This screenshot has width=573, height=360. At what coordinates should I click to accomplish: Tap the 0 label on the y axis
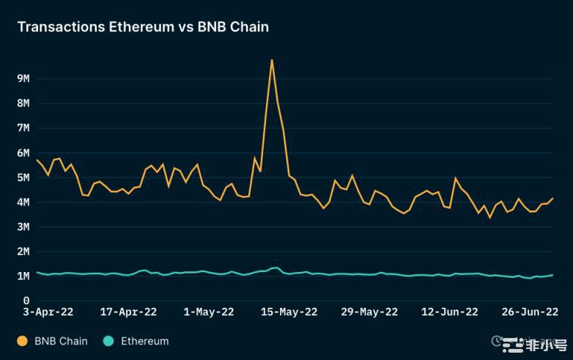[26, 301]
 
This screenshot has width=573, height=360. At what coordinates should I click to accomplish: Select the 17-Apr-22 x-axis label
[128, 312]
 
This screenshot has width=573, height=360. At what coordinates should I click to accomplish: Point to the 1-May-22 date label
[208, 312]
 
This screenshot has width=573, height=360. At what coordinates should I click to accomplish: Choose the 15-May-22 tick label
[289, 312]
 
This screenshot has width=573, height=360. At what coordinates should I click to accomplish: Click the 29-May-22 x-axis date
[369, 312]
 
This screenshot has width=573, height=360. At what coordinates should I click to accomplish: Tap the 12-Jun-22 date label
[449, 312]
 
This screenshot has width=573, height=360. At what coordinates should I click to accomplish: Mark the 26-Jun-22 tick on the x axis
[530, 312]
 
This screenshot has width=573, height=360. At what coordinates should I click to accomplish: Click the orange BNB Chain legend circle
[22, 341]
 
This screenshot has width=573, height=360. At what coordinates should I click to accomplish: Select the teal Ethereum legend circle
[108, 341]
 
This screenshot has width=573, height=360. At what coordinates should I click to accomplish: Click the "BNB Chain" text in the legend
[61, 341]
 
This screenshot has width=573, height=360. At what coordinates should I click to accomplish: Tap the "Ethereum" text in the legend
[144, 341]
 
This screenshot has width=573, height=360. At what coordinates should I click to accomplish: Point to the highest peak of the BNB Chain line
[272, 60]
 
